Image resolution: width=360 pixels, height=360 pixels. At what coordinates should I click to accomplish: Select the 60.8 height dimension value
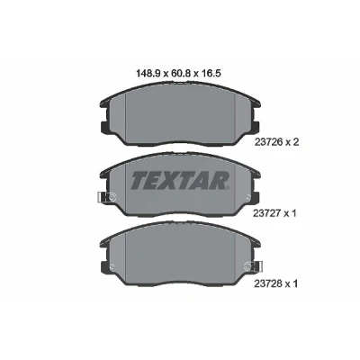pos(180,73)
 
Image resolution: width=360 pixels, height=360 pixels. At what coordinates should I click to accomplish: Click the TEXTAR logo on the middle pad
pos(180,180)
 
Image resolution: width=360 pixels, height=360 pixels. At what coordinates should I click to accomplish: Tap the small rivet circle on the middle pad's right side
pos(247,197)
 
